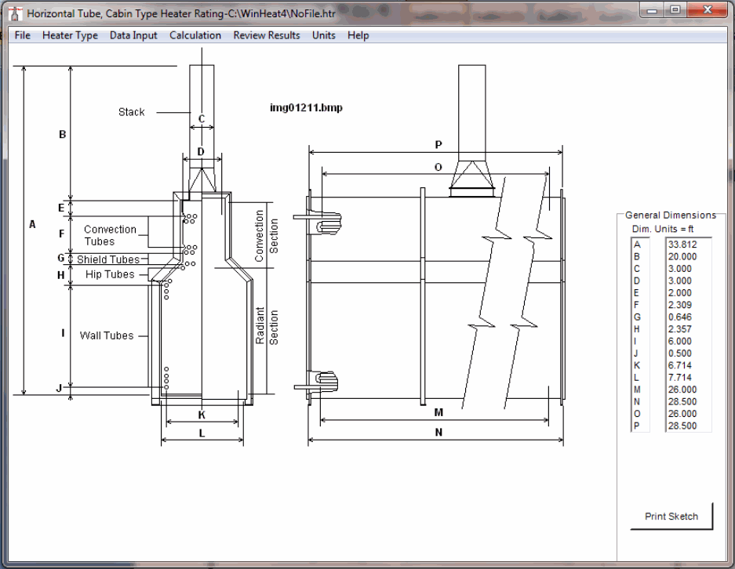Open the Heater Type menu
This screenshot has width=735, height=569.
coord(70,35)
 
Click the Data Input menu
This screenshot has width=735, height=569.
coord(133,35)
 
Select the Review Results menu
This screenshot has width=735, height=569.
coord(266,35)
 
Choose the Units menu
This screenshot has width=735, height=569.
coord(323,35)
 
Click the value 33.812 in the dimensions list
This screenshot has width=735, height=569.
coord(682,245)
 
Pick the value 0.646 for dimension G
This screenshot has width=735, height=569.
coord(680,317)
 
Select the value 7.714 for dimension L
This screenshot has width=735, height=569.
coord(680,378)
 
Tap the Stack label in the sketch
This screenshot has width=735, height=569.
coord(131,112)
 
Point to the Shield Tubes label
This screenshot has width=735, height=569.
coord(108,259)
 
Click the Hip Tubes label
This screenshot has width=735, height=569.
coord(110,274)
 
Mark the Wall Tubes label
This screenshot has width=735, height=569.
coord(107,335)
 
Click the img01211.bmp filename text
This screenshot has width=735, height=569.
coord(306,107)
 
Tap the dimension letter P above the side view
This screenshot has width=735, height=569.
coord(438,145)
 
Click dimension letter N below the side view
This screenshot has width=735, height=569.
coord(438,433)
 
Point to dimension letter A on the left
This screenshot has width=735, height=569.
coord(32,224)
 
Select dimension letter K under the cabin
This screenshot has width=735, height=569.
coord(202,415)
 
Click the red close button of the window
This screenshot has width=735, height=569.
coord(708,10)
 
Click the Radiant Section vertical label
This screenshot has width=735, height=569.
coord(267,326)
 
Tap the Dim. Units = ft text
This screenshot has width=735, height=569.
coord(663,229)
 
